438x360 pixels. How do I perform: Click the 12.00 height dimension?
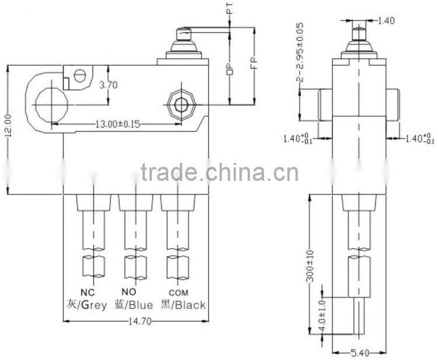(x=7, y=130)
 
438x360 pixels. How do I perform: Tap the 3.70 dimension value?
(x=109, y=85)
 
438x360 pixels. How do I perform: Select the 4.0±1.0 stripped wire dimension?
(x=321, y=317)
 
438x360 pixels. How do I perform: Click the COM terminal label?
(x=178, y=292)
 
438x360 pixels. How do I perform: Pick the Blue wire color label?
(x=134, y=305)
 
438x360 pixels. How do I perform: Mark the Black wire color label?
(x=185, y=305)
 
